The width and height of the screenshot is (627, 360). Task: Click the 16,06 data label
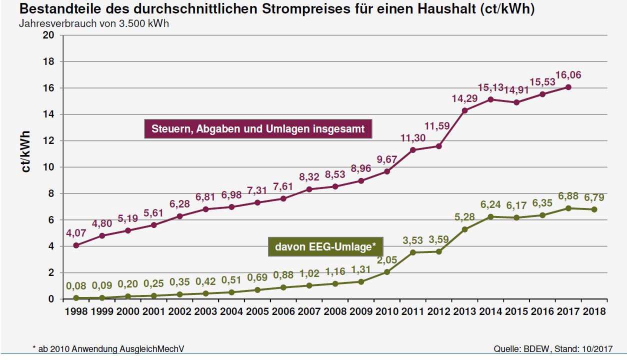point(568,75)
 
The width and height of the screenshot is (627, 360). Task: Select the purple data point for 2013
point(464,110)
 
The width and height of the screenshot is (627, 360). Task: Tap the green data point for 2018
point(594,209)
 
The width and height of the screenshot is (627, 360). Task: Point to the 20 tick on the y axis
point(48,35)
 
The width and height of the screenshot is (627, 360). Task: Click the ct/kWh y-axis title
point(25,152)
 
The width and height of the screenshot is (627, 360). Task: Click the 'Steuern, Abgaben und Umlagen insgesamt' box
point(258,129)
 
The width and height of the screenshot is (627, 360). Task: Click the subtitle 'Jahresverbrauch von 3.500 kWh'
point(94,23)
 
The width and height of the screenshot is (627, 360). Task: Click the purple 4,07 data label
point(76,233)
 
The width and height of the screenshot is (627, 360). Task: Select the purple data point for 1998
point(76,245)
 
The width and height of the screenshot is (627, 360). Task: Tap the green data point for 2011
point(413,252)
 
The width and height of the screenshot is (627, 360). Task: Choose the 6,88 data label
point(568,196)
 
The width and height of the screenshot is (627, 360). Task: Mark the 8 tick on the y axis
point(51,193)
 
